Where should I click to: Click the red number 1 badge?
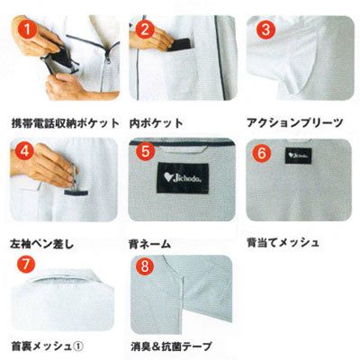point(27,30)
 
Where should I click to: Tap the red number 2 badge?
point(145,30)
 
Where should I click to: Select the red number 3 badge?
point(265,30)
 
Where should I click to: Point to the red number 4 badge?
point(25,151)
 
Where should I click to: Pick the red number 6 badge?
point(262,153)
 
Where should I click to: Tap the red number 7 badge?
point(25,265)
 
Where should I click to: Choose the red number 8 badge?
point(145,266)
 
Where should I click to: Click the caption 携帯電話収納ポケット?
point(65,123)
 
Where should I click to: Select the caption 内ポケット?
point(156,123)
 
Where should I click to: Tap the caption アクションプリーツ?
point(294,122)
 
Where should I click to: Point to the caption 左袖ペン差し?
point(42,244)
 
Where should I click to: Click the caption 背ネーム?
point(149,244)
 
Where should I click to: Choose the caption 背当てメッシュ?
point(283,242)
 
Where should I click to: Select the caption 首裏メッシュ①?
point(47,346)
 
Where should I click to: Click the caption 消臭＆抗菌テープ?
point(171,346)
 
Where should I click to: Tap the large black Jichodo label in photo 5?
point(183,177)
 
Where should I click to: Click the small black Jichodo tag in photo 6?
point(298,156)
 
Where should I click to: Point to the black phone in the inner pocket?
point(179,44)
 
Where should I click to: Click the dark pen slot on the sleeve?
point(76,193)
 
